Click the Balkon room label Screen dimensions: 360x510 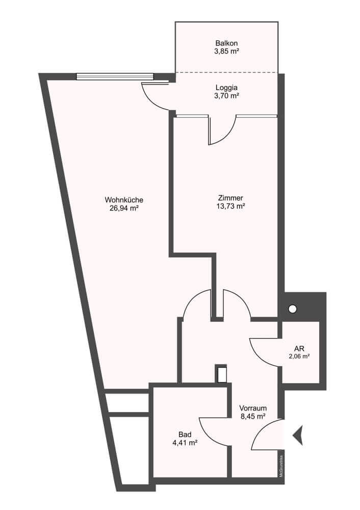[227, 43]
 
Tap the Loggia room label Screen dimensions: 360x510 [227, 88]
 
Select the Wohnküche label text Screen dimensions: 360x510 [124, 200]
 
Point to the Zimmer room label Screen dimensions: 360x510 [230, 198]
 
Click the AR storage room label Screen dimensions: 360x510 [299, 349]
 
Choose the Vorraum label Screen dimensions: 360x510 [253, 408]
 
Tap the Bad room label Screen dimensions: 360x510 [185, 435]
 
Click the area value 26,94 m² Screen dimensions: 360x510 [124, 209]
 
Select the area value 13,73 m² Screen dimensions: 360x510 [230, 206]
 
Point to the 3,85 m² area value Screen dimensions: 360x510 [227, 51]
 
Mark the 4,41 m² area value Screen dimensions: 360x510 [186, 443]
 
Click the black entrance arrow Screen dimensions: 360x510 [298, 435]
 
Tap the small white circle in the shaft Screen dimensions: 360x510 [292, 309]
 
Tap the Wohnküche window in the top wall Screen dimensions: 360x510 [115, 76]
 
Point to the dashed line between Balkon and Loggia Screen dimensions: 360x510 [227, 72]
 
